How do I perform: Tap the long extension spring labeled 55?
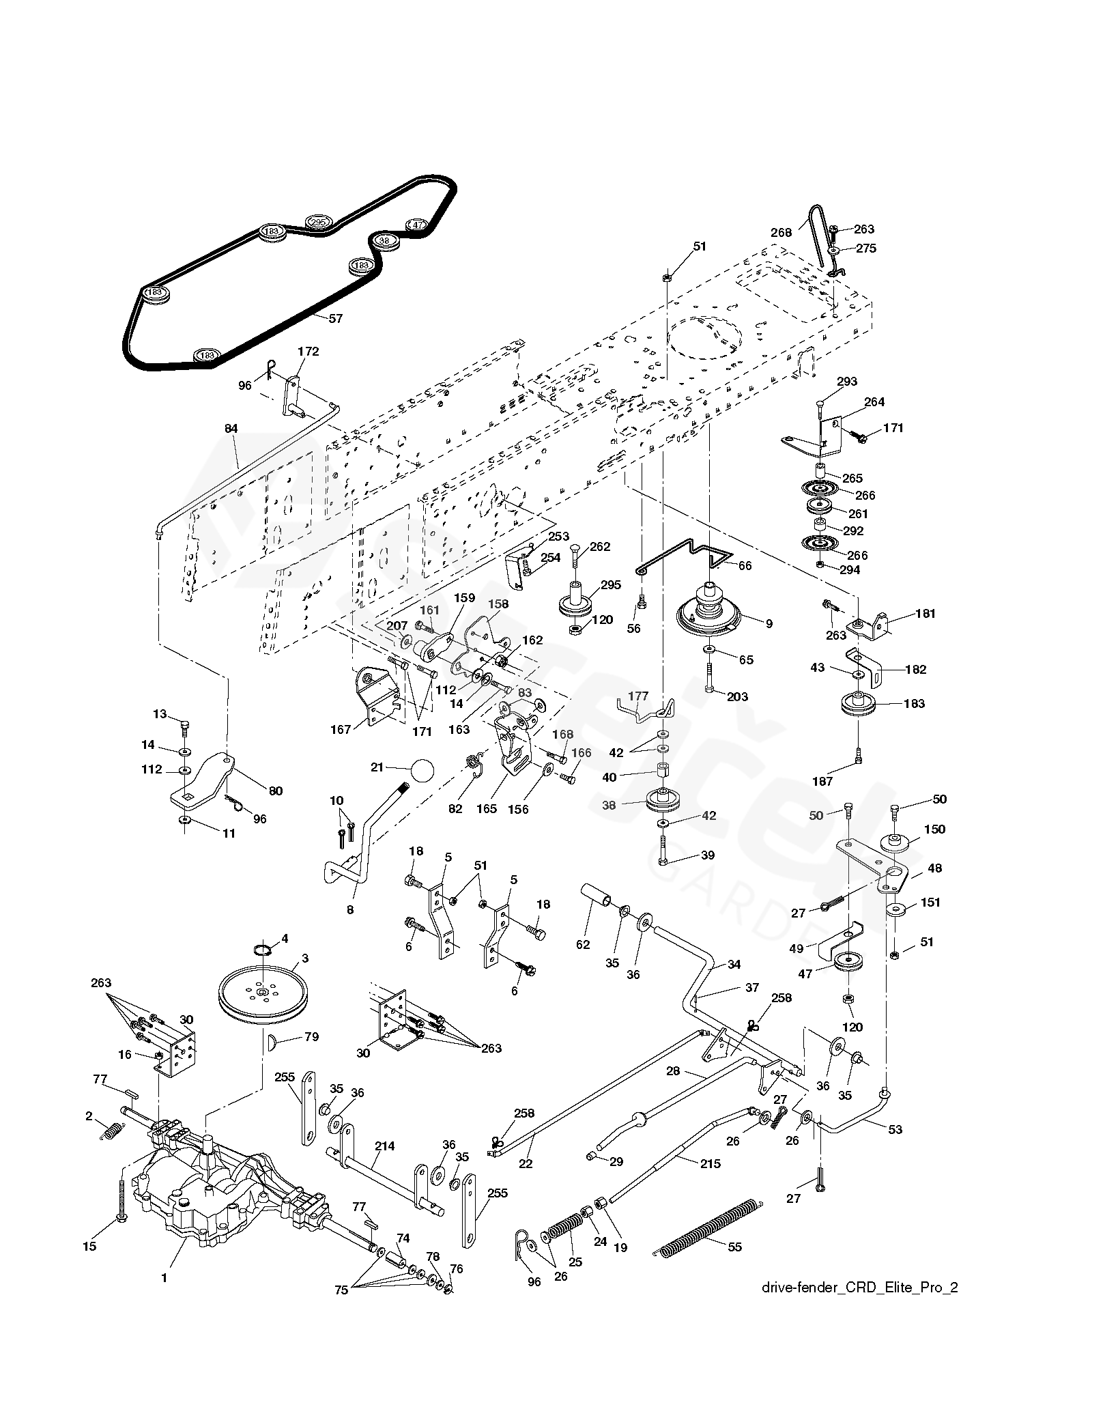(x=711, y=1227)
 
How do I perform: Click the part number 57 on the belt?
(x=335, y=318)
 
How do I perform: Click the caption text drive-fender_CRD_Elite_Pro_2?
(x=859, y=1307)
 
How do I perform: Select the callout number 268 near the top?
(x=781, y=232)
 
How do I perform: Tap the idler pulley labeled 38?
(x=663, y=799)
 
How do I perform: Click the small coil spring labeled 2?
(x=110, y=1131)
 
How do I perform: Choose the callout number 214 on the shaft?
(x=384, y=1146)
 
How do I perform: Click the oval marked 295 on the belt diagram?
(x=318, y=223)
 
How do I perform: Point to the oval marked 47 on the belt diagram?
(x=417, y=225)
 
